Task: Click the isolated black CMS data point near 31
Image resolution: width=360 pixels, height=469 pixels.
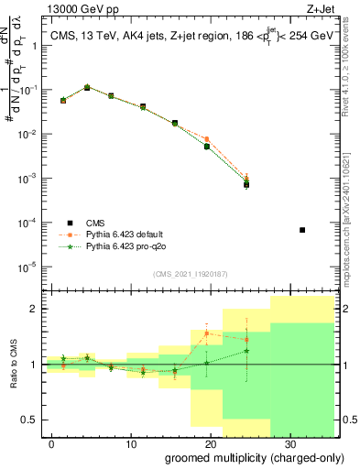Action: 302,230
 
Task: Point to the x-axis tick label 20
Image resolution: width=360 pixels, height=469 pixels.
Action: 210,442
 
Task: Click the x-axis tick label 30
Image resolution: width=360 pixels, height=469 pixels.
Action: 289,442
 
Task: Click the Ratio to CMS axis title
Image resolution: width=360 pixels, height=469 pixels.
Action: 11,365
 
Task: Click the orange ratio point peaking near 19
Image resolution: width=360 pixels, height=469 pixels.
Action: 207,333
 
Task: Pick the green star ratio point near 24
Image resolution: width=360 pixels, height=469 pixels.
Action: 246,351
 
